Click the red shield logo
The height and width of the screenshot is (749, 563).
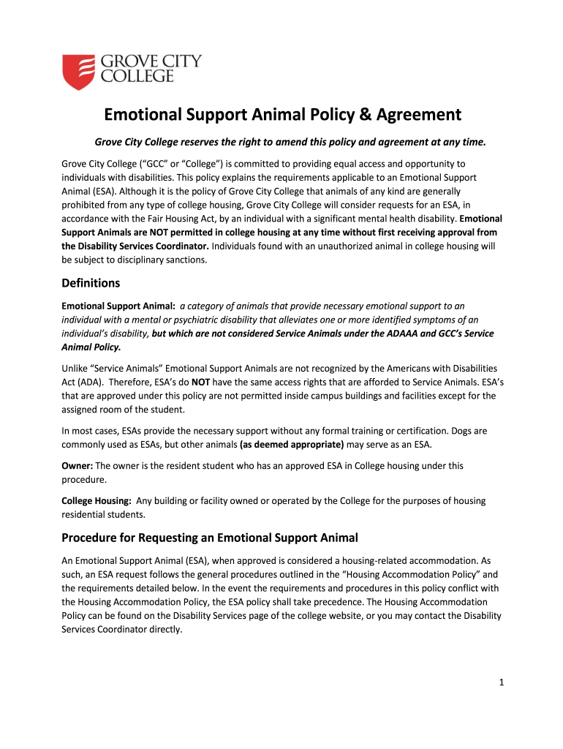point(78,72)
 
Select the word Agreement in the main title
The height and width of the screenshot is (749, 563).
point(415,115)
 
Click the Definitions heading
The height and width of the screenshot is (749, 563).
point(91,282)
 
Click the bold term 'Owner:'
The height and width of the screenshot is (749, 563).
point(77,465)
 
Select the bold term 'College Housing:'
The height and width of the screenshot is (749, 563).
point(97,500)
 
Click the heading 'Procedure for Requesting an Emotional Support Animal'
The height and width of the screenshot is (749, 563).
point(210,538)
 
